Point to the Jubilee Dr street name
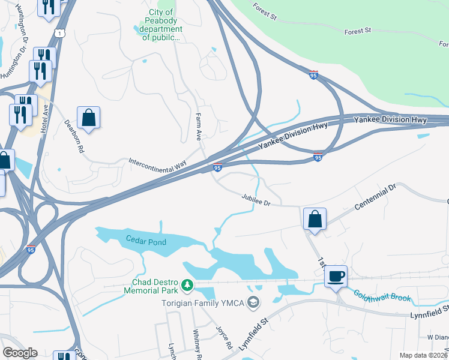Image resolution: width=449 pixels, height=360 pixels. pyautogui.click(x=257, y=200)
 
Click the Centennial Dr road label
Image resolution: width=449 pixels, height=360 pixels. pyautogui.click(x=375, y=197)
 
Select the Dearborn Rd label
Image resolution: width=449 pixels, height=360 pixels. pyautogui.click(x=74, y=136)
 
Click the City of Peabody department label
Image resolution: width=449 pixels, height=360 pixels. pyautogui.click(x=161, y=25)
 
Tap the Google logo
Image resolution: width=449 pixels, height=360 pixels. pyautogui.click(x=20, y=353)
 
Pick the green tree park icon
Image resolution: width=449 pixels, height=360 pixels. pyautogui.click(x=188, y=286)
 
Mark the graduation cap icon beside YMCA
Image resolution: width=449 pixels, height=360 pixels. pyautogui.click(x=254, y=302)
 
